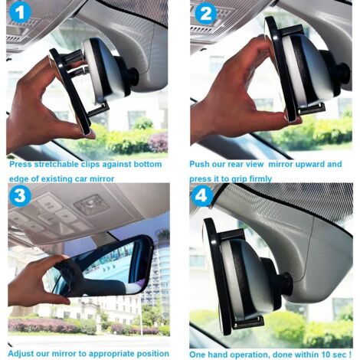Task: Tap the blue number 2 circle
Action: tap(205, 14)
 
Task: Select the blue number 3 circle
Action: tap(20, 196)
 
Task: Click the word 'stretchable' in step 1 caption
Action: tap(57, 164)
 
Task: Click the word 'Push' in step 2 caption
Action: tap(201, 164)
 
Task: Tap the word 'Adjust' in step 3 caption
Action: tap(23, 353)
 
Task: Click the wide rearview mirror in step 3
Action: tap(100, 268)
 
